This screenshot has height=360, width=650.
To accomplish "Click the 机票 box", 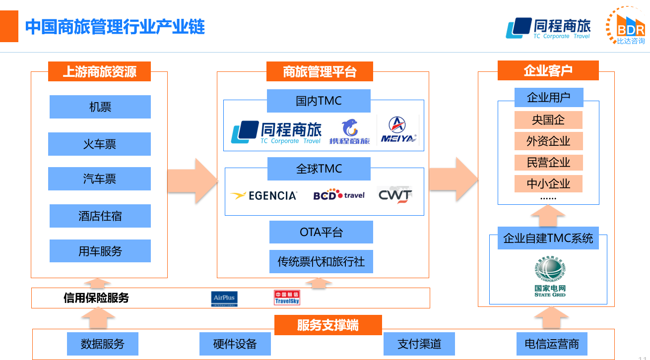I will click(x=100, y=107).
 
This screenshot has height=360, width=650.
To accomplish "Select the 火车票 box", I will click(x=99, y=144).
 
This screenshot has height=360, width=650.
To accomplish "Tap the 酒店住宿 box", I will click(x=100, y=216).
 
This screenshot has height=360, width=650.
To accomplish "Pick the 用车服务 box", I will click(x=100, y=251).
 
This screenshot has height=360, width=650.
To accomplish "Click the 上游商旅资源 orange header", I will click(x=99, y=71).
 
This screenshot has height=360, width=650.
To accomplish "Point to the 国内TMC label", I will click(x=319, y=101).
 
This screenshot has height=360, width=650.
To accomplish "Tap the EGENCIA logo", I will click(x=264, y=195).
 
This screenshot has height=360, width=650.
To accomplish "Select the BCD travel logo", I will click(x=339, y=195).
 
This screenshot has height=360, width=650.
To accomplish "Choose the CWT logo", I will click(x=395, y=195).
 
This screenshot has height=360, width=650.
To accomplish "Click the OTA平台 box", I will click(x=321, y=232).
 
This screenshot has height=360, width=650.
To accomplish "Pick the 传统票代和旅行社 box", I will click(x=321, y=261).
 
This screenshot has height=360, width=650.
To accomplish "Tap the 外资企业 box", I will click(x=548, y=141).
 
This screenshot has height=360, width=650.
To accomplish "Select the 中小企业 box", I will click(x=548, y=184).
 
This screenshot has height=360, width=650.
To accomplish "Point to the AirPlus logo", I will click(x=224, y=299).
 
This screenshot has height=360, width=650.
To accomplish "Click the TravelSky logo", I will click(x=287, y=298).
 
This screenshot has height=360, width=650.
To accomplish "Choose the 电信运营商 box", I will click(x=552, y=344).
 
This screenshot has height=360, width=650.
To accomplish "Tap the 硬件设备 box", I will click(x=235, y=344).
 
